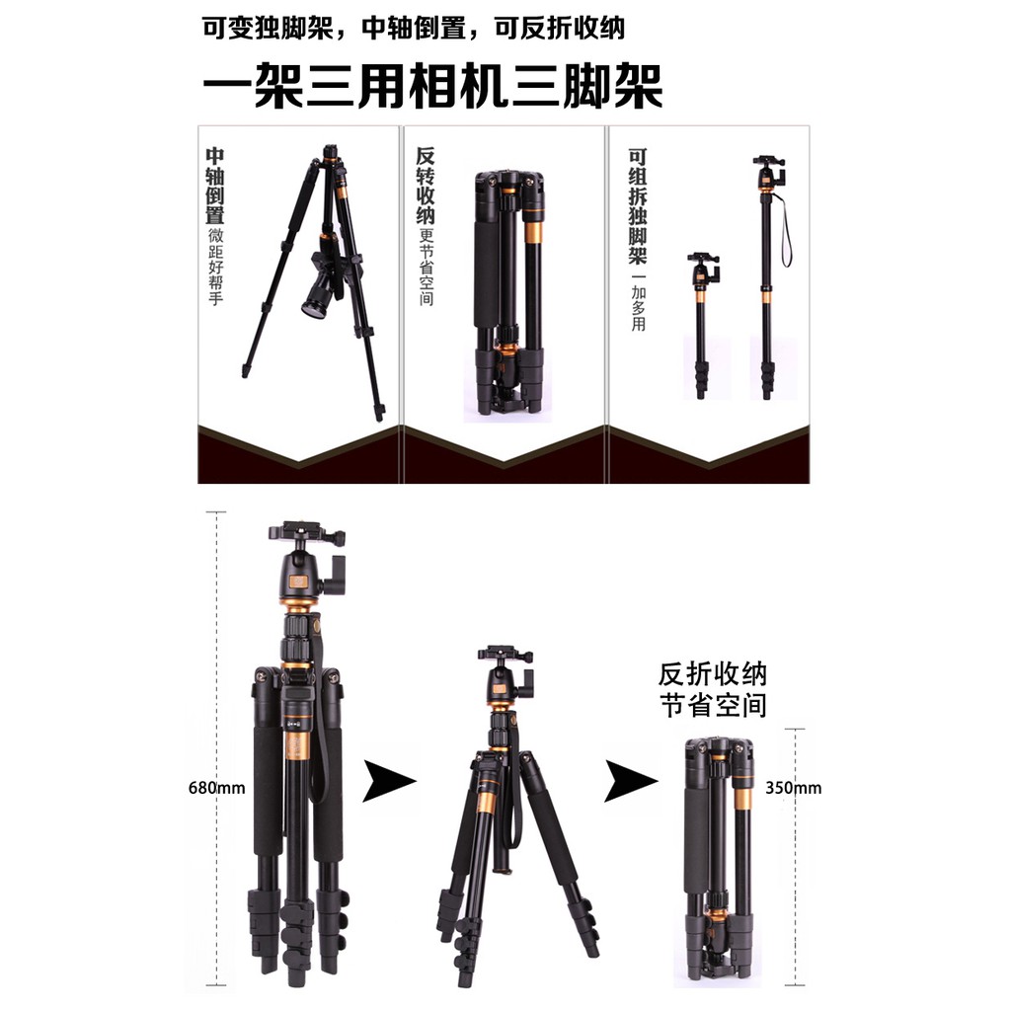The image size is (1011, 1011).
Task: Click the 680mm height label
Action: click(216, 787)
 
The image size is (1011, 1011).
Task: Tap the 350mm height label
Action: click(793, 787)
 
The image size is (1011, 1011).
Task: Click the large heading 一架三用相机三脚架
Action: click(432, 85)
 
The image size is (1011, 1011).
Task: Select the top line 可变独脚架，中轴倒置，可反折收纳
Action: click(414, 29)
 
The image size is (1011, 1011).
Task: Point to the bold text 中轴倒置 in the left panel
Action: click(214, 186)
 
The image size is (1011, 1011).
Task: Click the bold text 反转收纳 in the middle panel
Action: click(426, 186)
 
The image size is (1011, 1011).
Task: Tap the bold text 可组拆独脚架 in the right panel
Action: click(638, 206)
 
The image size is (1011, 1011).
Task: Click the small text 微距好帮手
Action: click(215, 266)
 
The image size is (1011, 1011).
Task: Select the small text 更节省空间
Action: click(427, 267)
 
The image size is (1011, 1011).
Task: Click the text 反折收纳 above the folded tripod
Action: click(713, 674)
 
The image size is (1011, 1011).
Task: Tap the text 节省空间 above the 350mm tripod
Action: click(713, 705)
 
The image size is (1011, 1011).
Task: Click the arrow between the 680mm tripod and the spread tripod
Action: click(389, 781)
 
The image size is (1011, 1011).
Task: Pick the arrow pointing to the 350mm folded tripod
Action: click(631, 781)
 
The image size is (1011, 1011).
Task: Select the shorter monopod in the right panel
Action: click(702, 326)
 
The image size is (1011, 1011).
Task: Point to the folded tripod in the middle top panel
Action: click(508, 293)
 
